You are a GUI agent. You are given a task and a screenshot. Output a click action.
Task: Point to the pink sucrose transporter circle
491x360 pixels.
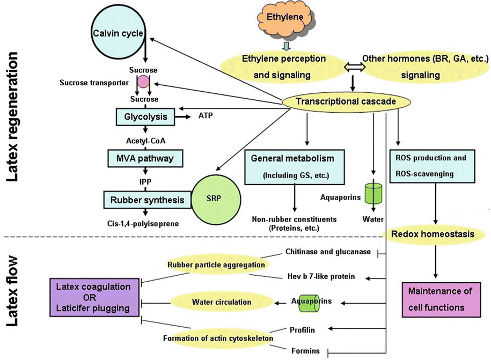coord(143,82)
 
